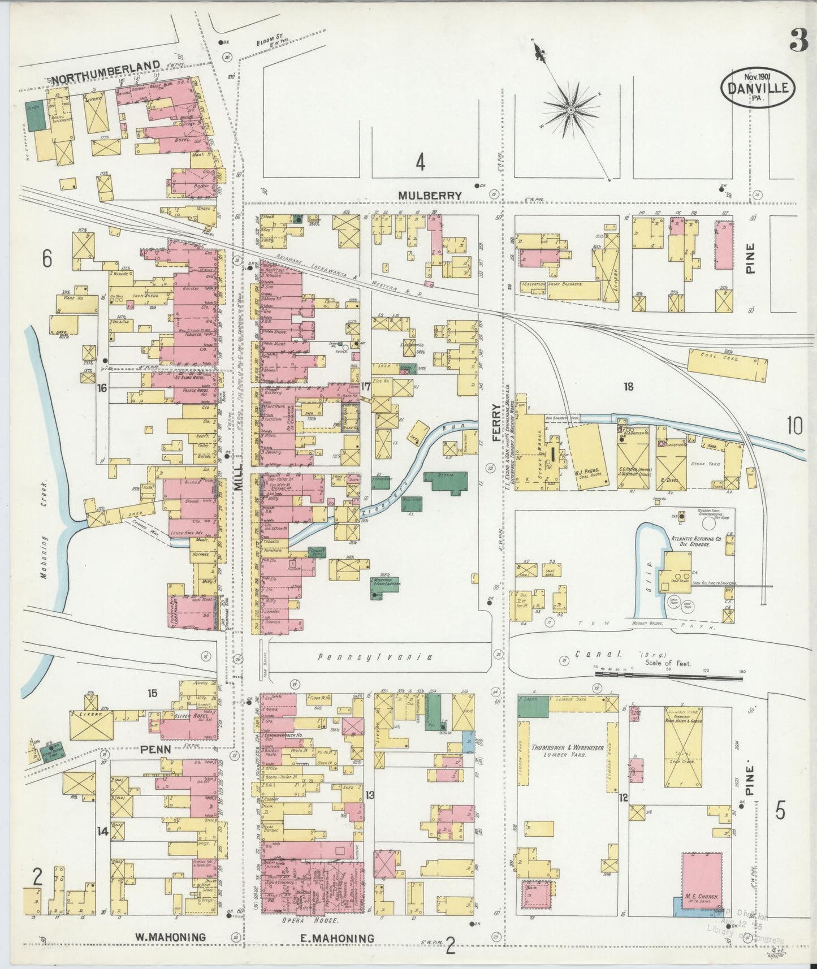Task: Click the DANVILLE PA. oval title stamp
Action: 758,87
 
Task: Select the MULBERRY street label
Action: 430,195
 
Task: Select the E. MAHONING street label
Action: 337,938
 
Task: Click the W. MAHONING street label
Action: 170,937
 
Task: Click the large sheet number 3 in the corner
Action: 798,41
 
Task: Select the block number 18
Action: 628,387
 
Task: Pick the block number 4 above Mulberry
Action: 420,163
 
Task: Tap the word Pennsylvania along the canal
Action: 375,657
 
